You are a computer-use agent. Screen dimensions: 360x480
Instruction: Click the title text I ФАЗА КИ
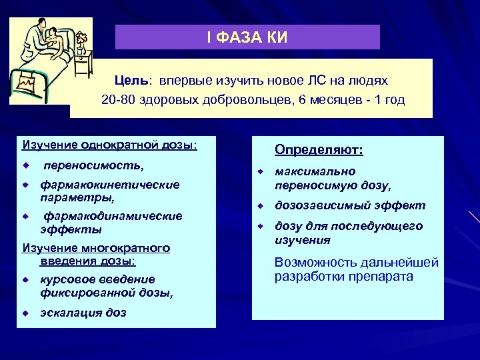pos(247,37)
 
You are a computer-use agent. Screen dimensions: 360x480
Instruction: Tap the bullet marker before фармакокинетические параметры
pos(25,185)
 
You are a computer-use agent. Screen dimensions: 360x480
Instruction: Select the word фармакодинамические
pos(113,216)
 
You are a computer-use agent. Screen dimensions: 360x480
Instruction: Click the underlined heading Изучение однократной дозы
pos(109,145)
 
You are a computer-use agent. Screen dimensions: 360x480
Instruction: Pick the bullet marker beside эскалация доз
pos(25,313)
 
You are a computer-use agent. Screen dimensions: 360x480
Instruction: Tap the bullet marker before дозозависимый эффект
pos(263,206)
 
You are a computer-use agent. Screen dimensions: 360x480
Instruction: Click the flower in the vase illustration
pos(81,39)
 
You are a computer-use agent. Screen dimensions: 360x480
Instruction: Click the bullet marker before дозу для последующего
pos(263,227)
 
